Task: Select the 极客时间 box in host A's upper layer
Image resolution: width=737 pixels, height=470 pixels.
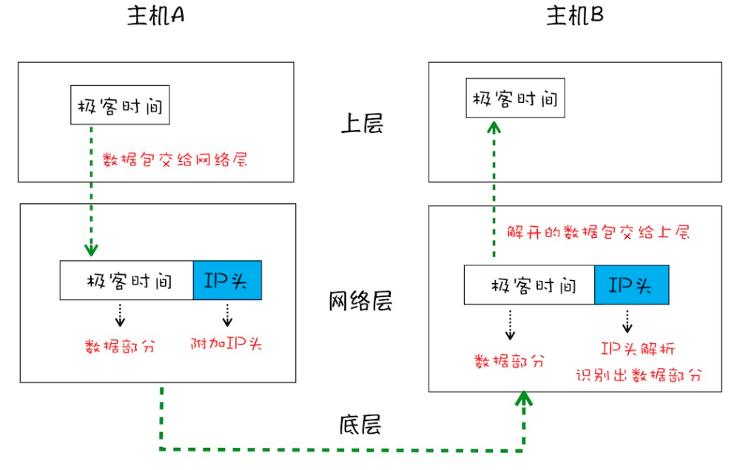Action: point(120,106)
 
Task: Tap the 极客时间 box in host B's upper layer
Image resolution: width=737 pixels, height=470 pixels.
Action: point(515,98)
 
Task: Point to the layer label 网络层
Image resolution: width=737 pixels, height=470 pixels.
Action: point(360,302)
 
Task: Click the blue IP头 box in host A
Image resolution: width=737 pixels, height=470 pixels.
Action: point(227,280)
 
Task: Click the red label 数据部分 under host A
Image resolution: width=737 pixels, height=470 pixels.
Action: point(120,345)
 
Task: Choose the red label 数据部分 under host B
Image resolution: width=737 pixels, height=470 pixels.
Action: point(509,361)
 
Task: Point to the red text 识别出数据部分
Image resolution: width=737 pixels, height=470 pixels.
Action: point(638,374)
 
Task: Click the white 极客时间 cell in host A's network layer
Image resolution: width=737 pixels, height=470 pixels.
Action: point(127,280)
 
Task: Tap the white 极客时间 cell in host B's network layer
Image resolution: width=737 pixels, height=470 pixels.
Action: point(529,285)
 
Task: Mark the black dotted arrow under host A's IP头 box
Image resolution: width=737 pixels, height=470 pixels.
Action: point(227,315)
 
